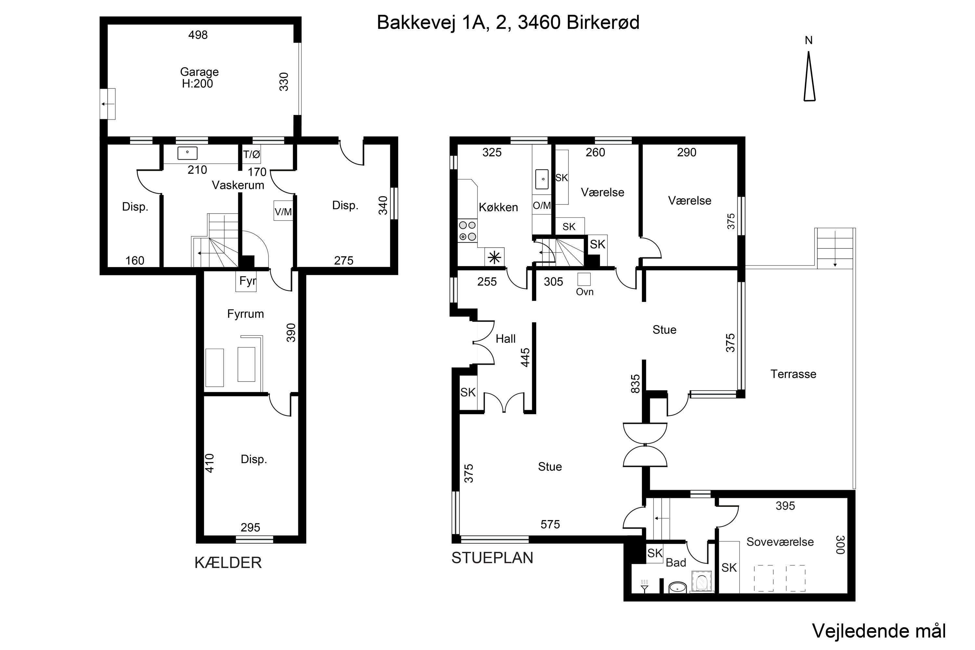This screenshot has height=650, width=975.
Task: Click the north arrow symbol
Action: tap(809, 76)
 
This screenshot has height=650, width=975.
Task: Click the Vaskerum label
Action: tap(238, 185)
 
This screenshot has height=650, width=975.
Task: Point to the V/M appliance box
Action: tap(283, 211)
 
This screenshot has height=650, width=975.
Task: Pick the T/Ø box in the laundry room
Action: tap(252, 154)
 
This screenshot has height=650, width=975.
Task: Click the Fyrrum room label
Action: tap(245, 314)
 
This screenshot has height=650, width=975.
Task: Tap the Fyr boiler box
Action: tap(246, 281)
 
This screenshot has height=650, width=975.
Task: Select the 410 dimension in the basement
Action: tap(210, 463)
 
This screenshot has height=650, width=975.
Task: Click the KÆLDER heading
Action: tap(228, 563)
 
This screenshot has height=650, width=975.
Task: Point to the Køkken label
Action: tap(498, 207)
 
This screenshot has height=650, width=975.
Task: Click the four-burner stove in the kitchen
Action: tap(467, 231)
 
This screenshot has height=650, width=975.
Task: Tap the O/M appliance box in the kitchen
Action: tap(542, 205)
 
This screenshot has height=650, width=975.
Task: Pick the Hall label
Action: tap(506, 339)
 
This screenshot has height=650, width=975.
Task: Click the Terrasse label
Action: tap(793, 374)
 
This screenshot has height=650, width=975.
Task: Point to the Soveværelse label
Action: tap(780, 542)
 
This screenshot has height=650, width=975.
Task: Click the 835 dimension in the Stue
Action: tap(635, 384)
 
